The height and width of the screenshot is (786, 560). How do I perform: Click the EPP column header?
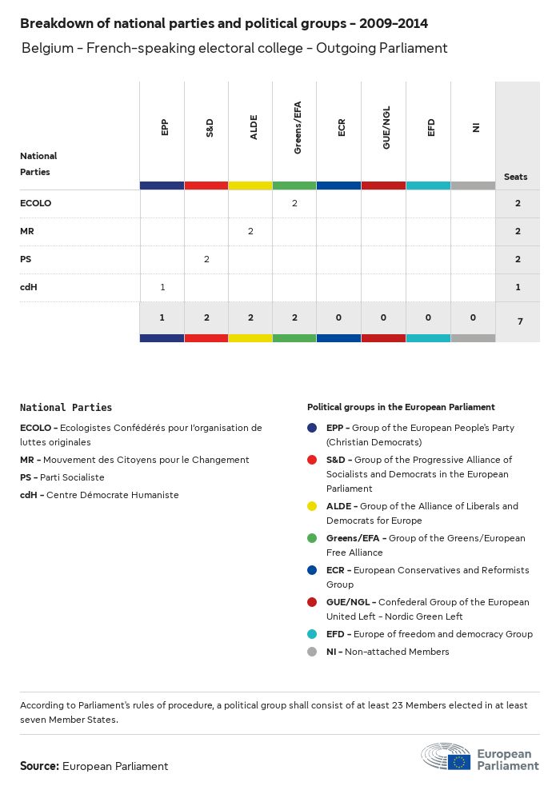tap(164, 127)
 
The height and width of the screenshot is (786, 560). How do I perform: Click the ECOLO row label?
tap(35, 203)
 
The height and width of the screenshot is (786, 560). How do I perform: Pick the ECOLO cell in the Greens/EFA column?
tap(294, 203)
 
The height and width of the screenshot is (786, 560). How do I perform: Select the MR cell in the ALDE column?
tap(250, 231)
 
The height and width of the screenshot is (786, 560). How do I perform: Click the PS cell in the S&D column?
tap(206, 259)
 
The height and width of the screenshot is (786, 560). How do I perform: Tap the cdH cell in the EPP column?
tap(162, 287)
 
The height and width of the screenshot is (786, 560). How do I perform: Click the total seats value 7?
tap(518, 321)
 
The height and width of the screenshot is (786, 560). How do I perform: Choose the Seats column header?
tap(516, 177)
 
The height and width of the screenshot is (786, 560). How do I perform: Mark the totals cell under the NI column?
tap(473, 317)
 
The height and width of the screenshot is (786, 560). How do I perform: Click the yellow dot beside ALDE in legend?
tap(312, 506)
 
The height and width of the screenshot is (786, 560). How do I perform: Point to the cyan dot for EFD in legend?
tap(312, 634)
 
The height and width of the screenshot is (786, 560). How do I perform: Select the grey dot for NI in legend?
tap(312, 652)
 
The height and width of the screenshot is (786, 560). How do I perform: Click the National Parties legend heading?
tap(66, 408)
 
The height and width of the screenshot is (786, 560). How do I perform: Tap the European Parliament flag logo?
tap(459, 761)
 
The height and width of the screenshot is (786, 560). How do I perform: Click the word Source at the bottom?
tap(39, 766)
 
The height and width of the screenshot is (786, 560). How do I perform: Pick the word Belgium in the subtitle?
tap(48, 48)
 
